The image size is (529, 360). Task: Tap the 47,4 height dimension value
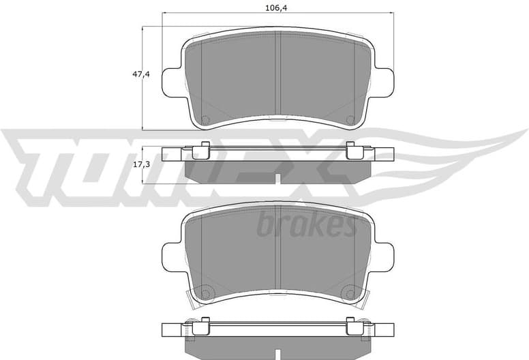[141, 74]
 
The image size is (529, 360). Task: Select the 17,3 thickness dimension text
[141, 165]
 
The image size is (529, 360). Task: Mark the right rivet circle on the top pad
[350, 119]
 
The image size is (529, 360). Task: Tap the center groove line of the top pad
[278, 72]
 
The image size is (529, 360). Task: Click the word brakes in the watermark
[306, 224]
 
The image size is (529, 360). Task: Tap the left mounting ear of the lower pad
[172, 258]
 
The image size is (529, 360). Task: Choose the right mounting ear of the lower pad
[385, 258]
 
